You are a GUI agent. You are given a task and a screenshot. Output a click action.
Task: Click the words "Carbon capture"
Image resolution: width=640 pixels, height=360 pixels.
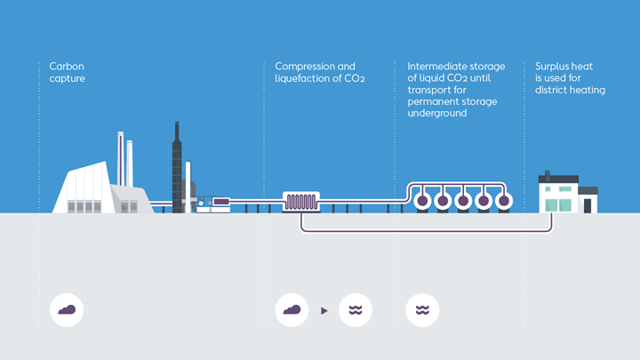pyautogui.click(x=68, y=72)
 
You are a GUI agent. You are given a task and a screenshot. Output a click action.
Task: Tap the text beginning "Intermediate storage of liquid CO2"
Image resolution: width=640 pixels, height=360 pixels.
pyautogui.click(x=456, y=90)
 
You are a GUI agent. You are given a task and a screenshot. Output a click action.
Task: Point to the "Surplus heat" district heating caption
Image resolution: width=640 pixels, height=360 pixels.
pyautogui.click(x=570, y=78)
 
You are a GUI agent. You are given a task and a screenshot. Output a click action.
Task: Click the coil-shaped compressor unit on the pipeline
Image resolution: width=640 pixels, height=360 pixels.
pyautogui.click(x=300, y=202)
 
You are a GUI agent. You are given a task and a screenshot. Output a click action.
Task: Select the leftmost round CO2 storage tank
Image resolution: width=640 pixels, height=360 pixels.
pyautogui.click(x=422, y=201)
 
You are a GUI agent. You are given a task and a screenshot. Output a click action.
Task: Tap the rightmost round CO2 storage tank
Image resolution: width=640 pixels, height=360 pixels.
pyautogui.click(x=503, y=201)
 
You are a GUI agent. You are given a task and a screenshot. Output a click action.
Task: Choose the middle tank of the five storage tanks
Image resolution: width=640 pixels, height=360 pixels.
pyautogui.click(x=462, y=201)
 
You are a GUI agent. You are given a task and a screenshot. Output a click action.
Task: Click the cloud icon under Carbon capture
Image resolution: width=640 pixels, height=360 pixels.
pyautogui.click(x=67, y=310)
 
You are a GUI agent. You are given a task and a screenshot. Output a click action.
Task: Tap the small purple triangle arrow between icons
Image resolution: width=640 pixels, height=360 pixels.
pyautogui.click(x=324, y=311)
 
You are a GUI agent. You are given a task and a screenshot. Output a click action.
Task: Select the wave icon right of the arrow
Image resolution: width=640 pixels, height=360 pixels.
pyautogui.click(x=356, y=310)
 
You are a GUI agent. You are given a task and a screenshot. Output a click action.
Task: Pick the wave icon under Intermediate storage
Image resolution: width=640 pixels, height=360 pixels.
pyautogui.click(x=422, y=310)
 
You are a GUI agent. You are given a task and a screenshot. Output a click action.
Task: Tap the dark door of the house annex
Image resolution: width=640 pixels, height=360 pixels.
pyautogui.click(x=587, y=206)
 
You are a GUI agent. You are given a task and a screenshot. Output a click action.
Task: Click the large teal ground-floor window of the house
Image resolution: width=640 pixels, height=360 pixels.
pyautogui.click(x=559, y=205)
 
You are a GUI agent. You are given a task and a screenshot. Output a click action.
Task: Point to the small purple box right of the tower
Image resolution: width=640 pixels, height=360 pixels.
pyautogui.click(x=220, y=202)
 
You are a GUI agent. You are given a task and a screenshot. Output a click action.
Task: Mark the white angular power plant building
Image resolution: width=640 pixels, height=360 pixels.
pyautogui.click(x=84, y=188)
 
